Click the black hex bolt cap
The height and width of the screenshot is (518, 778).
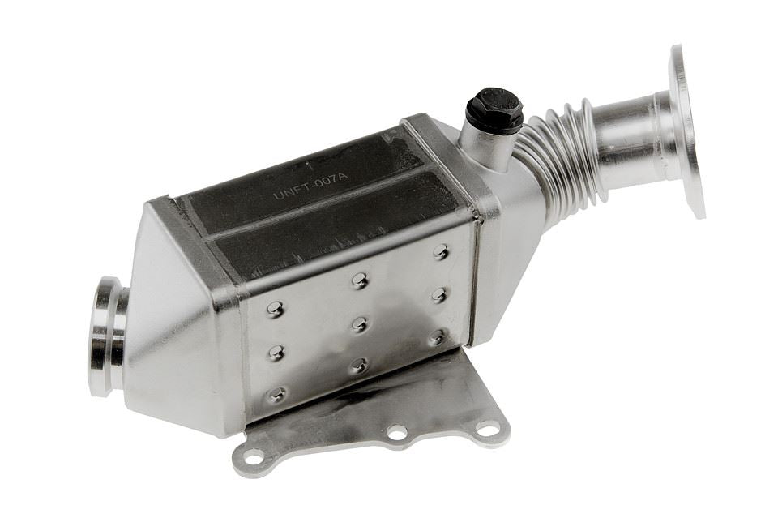pyautogui.click(x=494, y=109)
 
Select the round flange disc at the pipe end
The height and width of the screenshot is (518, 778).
pyautogui.click(x=686, y=130)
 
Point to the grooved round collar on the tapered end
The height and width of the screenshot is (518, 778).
pyautogui.click(x=108, y=336)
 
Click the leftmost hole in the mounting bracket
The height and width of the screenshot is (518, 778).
pyautogui.click(x=253, y=457)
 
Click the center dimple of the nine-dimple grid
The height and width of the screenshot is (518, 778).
pyautogui.click(x=358, y=324)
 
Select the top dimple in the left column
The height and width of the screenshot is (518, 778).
pyautogui.click(x=276, y=309)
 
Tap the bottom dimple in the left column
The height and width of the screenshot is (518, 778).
pyautogui.click(x=277, y=395)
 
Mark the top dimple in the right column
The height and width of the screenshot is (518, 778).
pyautogui.click(x=441, y=251)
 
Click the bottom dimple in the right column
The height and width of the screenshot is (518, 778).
pyautogui.click(x=437, y=336)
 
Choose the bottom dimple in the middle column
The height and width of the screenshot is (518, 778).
pyautogui.click(x=358, y=366)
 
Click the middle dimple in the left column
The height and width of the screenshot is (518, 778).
pyautogui.click(x=276, y=352)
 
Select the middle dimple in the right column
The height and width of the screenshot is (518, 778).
pyautogui.click(x=439, y=293)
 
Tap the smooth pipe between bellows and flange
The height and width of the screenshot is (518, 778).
pyautogui.click(x=632, y=138)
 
